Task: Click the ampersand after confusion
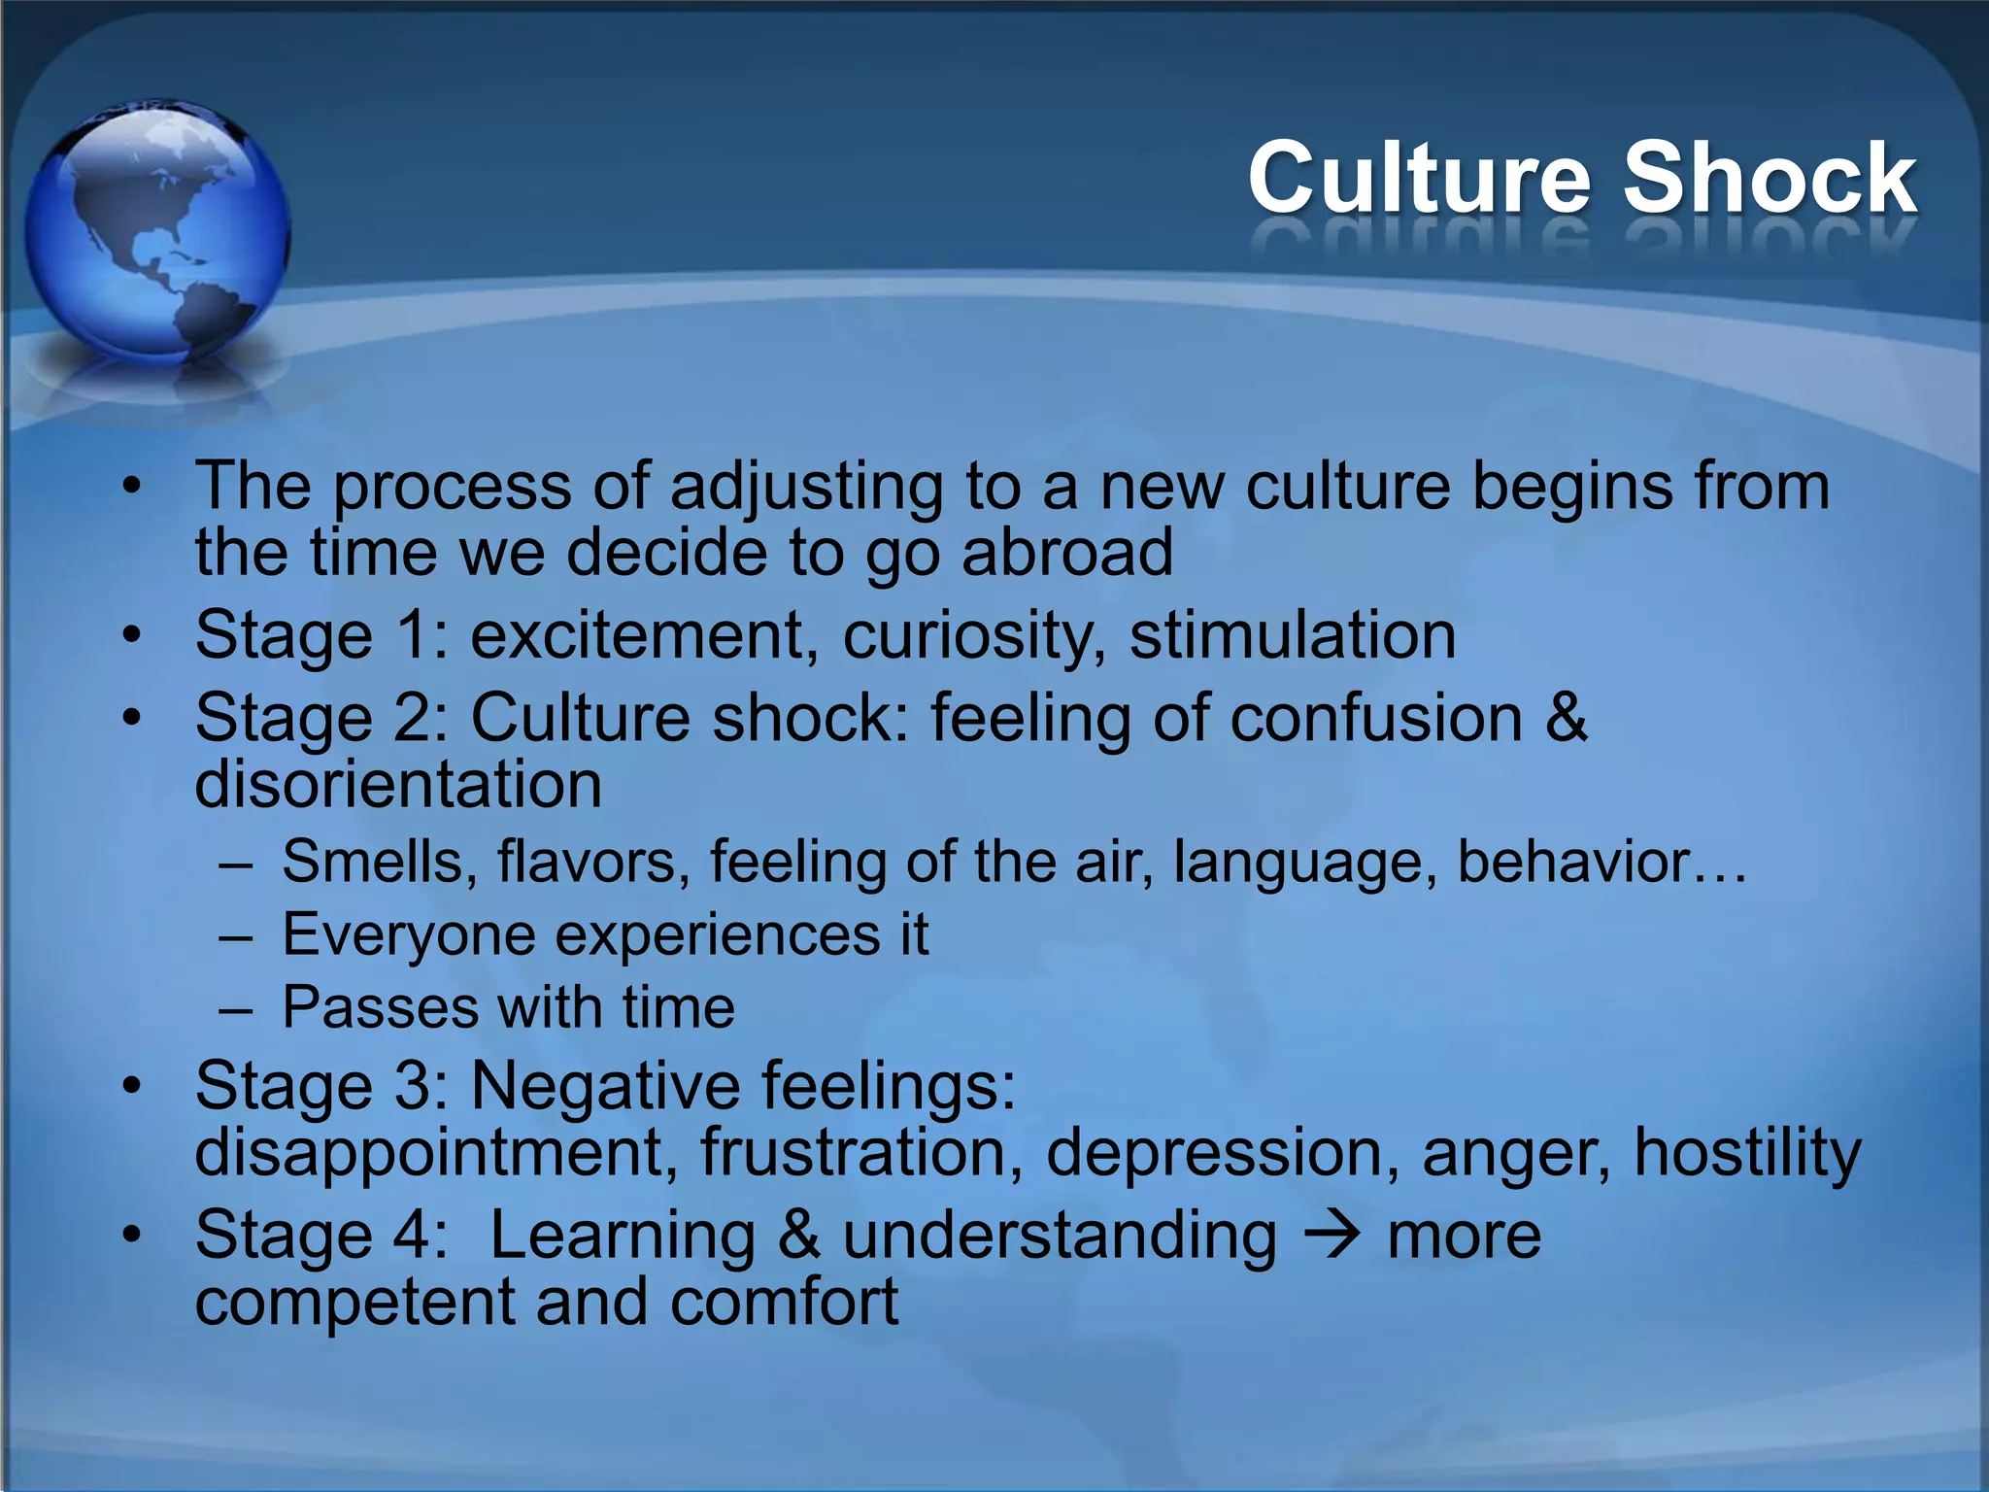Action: (1565, 718)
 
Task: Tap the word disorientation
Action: (398, 784)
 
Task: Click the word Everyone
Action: (409, 934)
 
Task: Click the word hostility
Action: (1747, 1153)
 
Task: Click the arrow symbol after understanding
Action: (1332, 1236)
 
